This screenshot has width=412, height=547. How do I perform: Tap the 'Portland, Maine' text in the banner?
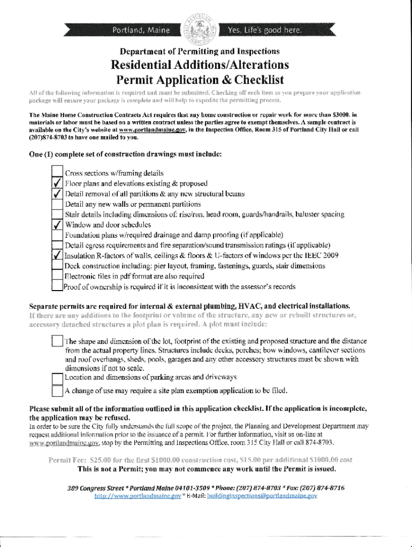click(141, 30)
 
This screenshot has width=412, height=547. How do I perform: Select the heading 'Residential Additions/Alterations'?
click(200, 65)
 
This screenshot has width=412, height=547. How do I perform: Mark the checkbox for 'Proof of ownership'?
click(57, 286)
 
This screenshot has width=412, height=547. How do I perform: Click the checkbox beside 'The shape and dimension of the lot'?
click(57, 341)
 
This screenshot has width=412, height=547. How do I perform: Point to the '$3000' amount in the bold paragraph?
click(341, 115)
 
